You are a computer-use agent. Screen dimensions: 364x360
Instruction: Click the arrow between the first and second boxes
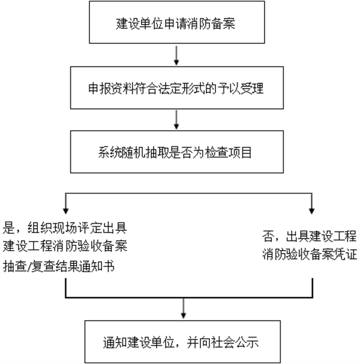coord(176,56)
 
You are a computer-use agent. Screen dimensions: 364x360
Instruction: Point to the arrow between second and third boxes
coord(176,121)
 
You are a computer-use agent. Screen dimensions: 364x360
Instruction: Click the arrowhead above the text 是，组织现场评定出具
coord(65,212)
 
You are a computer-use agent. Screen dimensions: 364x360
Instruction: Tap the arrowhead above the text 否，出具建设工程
coord(311,212)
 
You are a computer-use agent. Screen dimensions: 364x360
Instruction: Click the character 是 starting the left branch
coord(10,227)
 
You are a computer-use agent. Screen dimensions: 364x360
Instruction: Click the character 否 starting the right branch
coord(269,234)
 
